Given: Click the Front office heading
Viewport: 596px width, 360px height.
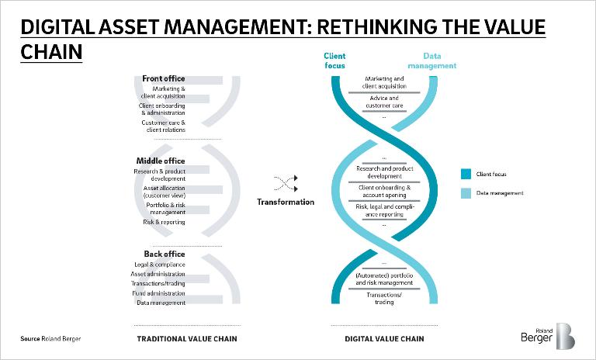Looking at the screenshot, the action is coord(164,78).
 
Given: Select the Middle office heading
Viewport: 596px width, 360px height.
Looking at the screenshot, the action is coord(161,161).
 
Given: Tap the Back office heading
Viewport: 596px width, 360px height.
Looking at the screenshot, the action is coord(165,254).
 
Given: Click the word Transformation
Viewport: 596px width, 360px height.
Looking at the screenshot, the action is coord(286,202).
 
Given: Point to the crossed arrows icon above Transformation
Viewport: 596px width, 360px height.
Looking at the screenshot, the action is coord(286,183).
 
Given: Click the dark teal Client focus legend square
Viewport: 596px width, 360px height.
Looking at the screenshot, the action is coord(466,174).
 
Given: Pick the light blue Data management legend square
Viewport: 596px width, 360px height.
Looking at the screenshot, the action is coord(466,193).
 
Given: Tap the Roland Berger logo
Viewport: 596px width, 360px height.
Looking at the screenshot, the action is coord(548,336).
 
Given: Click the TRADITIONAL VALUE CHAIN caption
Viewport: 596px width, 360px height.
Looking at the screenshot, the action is coord(187,339).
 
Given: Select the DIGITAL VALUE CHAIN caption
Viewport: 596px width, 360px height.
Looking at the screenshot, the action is coord(384,339).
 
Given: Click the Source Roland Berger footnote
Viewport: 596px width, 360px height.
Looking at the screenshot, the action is coord(50,339).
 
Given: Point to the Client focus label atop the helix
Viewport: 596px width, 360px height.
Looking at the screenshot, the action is coord(334,61).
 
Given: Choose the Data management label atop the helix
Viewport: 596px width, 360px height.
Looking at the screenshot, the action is coord(431,61).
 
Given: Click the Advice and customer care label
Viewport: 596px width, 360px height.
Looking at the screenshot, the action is coord(384,102).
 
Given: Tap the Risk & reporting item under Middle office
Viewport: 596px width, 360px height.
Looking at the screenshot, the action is coord(164,222).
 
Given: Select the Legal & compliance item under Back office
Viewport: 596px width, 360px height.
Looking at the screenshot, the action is coord(160,265).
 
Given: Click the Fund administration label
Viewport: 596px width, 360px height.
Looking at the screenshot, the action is coord(158,293).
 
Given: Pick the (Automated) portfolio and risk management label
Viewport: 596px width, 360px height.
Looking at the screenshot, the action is coord(384,279).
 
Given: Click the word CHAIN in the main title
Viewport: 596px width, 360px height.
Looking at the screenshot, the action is coord(51,52).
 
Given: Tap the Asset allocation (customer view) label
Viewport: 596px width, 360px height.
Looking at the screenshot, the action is coord(165,192).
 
